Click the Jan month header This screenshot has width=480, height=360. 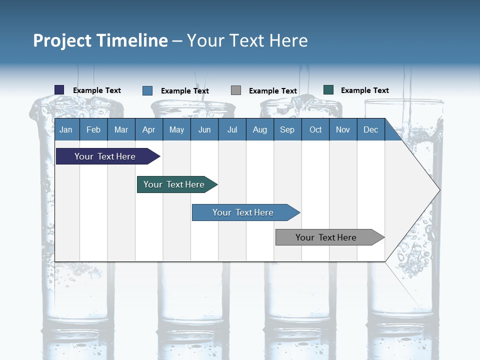point(66,130)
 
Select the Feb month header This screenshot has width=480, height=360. point(93,130)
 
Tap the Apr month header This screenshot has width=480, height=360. point(149,130)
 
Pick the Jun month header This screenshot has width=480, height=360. point(204,130)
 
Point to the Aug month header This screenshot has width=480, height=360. point(260,130)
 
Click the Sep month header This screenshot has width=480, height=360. point(287,130)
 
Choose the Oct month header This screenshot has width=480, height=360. point(315,130)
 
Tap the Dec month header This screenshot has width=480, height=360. point(371,130)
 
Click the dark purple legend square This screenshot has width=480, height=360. point(59,90)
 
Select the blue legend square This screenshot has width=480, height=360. point(147,90)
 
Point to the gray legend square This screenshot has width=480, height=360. point(236,90)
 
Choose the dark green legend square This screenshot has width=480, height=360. point(328,90)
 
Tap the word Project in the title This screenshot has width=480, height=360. point(62,40)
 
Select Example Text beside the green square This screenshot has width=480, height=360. point(364,90)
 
